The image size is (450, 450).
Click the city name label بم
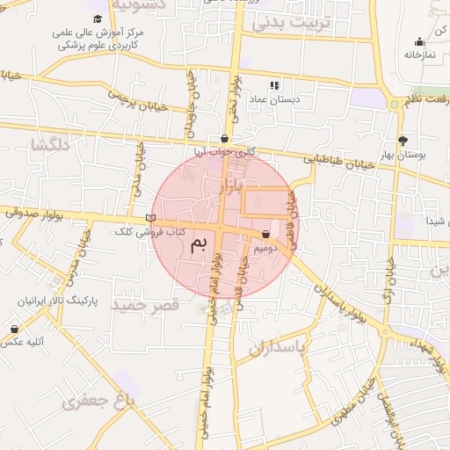(200, 243)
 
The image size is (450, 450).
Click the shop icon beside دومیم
(265, 235)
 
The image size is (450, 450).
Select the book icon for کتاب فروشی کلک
(150, 218)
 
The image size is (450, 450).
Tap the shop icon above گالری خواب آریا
(226, 138)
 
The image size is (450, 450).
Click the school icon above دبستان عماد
(274, 85)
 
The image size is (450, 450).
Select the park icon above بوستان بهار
(403, 140)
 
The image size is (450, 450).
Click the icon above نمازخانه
(420, 40)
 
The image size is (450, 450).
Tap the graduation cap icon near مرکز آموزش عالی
(97, 18)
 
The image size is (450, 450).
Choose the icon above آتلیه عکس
(14, 329)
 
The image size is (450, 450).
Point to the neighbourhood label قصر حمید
(149, 304)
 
